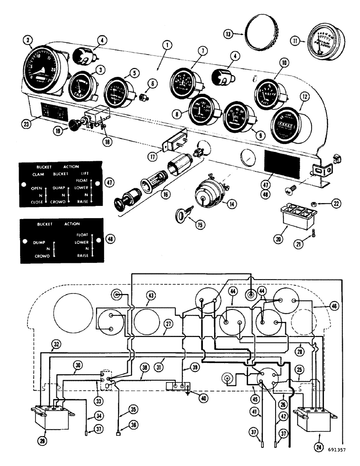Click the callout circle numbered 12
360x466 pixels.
304,96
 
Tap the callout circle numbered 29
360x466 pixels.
41,439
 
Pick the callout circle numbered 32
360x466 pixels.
56,344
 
